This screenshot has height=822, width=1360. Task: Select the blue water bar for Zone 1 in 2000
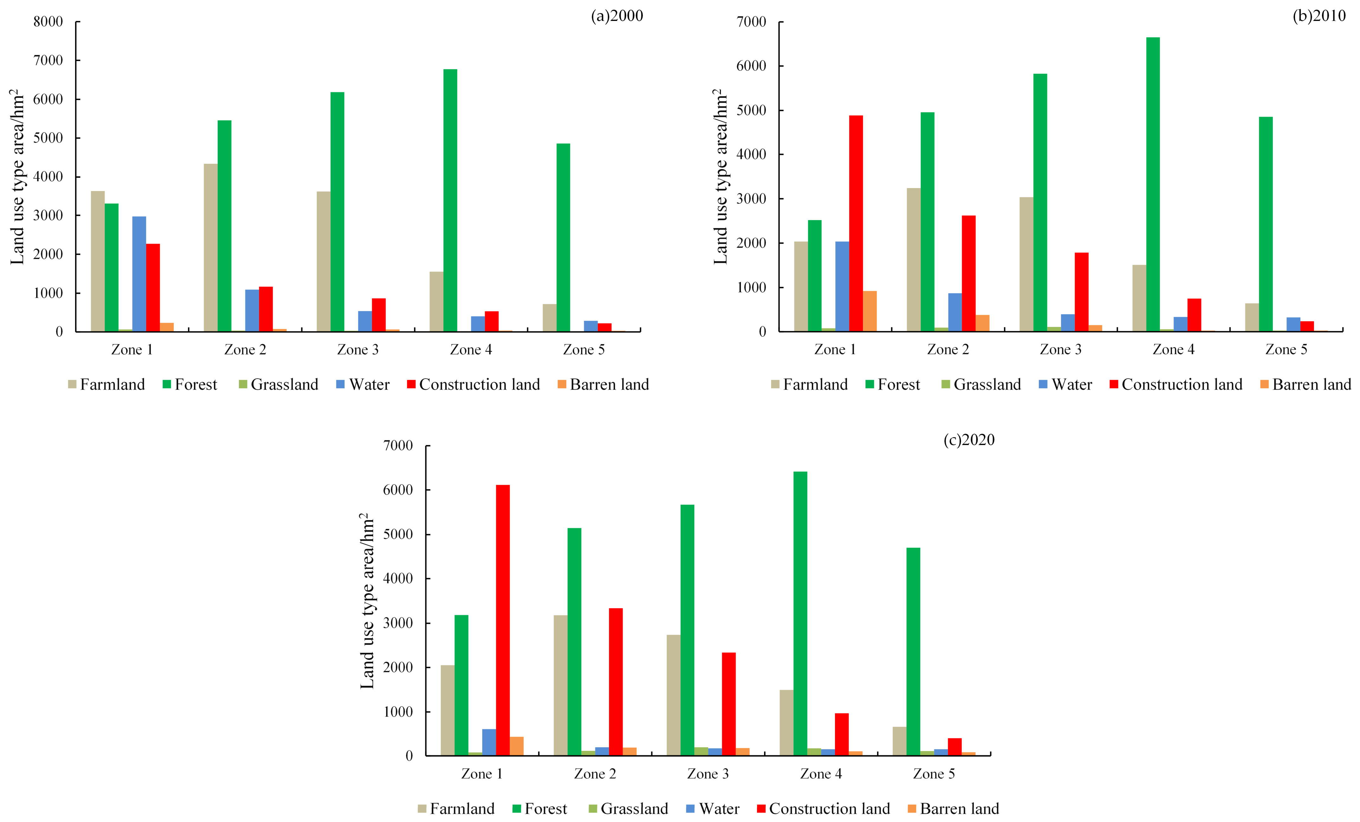click(139, 274)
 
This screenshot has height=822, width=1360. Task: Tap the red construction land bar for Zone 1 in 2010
click(856, 223)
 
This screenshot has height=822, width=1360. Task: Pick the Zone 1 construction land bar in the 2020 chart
click(503, 620)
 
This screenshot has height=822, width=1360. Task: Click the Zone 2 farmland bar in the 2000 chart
click(210, 248)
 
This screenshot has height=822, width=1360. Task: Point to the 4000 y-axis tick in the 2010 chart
click(751, 155)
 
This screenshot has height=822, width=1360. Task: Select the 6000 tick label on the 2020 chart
click(398, 490)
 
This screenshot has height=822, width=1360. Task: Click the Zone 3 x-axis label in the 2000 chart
click(358, 350)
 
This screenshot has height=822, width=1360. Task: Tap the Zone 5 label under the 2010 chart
click(1286, 350)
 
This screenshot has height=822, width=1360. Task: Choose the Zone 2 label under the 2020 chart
click(595, 774)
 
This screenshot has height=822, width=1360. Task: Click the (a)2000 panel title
click(617, 16)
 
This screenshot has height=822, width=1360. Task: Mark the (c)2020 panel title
click(969, 440)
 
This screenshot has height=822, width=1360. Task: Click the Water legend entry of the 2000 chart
click(363, 385)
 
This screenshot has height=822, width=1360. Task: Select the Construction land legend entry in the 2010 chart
click(1175, 385)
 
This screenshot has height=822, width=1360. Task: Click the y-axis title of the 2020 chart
click(367, 601)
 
